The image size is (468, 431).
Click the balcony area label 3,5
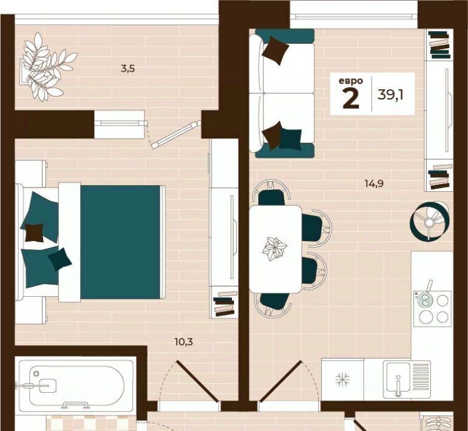coord(127,69)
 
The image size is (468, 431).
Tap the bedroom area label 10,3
coord(183,342)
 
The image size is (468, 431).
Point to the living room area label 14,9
coord(374,183)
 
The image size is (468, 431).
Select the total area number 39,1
coord(390,95)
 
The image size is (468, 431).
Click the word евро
coord(351,81)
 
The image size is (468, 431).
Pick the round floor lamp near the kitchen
coord(429,220)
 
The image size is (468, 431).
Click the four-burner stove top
coord(432,307)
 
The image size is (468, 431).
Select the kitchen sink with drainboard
coord(407,379)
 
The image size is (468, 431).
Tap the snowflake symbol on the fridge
coord(342,379)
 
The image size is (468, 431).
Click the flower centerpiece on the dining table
coord(274,249)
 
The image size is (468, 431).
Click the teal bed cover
coord(121,242)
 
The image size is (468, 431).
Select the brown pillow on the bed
coord(34,232)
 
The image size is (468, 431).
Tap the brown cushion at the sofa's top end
coord(276,50)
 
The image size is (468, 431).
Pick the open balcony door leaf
coord(176,134)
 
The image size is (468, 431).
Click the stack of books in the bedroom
coord(225,304)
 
